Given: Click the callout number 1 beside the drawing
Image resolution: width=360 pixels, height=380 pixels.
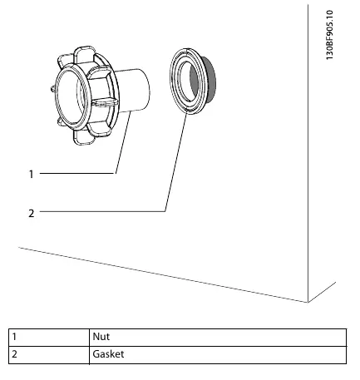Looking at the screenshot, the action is pos(32,174).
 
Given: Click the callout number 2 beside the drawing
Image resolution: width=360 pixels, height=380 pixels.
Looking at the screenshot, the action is pos(32,213).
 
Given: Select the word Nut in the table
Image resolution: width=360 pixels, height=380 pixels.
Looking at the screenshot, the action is pos(101,337).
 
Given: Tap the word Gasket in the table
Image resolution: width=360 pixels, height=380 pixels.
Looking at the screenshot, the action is pos(108,354).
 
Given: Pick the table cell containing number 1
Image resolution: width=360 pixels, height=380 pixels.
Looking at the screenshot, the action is pos(49,338).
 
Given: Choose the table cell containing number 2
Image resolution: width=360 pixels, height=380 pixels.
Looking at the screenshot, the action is pos(49,355).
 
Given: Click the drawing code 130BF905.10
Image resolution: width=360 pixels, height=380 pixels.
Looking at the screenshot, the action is pos(329,35).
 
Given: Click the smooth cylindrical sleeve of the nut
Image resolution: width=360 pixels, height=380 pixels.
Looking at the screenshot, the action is pos(133,90).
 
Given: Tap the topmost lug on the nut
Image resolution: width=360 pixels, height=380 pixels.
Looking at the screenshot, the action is pos(85,52).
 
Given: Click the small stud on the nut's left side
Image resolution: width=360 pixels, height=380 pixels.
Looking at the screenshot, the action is pos(52,89).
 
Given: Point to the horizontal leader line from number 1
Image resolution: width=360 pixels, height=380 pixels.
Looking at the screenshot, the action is pos(77,174).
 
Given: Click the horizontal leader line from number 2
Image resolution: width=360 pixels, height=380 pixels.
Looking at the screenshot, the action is pos(102,211).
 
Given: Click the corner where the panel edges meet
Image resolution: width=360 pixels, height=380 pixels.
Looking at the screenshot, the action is pos(308,302).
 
